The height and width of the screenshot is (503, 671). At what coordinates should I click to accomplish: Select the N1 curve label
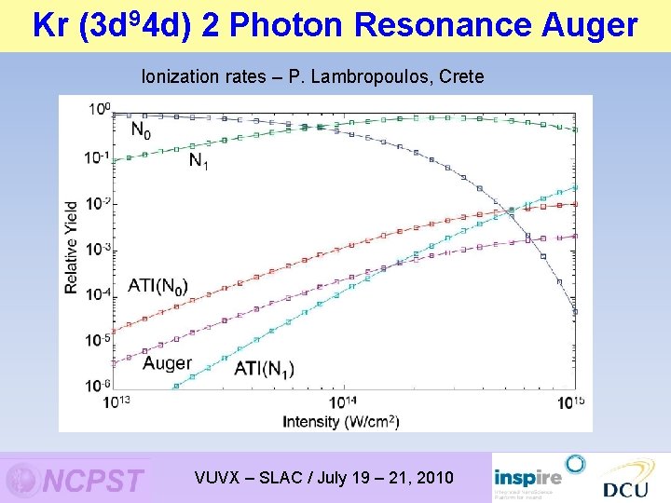click(199, 161)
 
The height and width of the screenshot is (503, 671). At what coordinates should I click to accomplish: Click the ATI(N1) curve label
click(263, 369)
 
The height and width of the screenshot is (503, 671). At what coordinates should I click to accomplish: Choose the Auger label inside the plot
click(167, 363)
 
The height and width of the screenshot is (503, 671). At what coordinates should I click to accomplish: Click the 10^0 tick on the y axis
click(99, 110)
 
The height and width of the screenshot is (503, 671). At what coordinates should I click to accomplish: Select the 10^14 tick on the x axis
click(343, 402)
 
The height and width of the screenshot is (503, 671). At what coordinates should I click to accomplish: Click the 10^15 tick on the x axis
click(573, 402)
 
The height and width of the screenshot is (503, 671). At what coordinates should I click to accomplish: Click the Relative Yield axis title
click(72, 248)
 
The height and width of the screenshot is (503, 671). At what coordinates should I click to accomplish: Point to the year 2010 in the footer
click(434, 478)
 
